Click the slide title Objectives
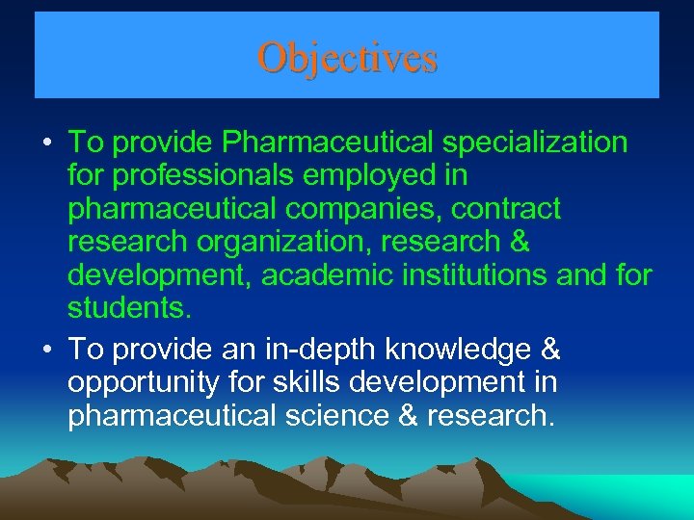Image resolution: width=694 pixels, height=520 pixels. [347, 58]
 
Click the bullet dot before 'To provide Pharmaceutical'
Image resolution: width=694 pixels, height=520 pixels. [46, 144]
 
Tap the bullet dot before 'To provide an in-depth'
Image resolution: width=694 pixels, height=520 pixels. [46, 350]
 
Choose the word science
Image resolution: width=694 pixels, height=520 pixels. [334, 416]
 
